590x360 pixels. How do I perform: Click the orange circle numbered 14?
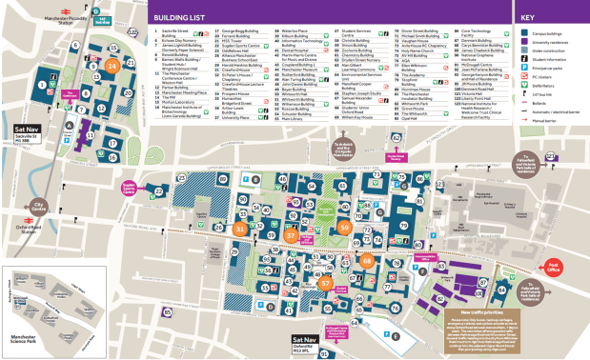point(112,66)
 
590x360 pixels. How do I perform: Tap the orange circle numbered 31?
point(241,229)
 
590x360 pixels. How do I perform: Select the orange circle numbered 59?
point(344,227)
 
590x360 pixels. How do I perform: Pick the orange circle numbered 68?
point(367,260)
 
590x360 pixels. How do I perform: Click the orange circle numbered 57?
point(326,283)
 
